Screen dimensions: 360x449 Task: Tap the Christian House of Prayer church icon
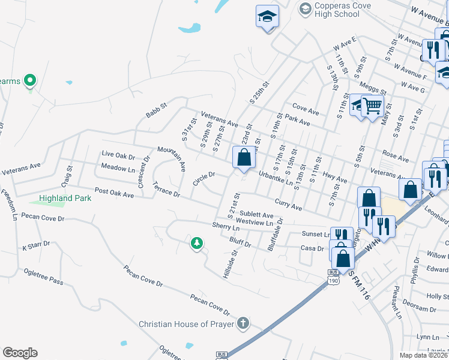[x=243, y=324]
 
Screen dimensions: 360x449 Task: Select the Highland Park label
[x=65, y=198]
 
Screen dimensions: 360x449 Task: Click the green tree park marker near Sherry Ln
[x=196, y=243]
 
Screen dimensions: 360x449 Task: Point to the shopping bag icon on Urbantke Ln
[x=244, y=158]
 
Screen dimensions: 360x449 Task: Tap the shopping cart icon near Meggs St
[x=373, y=106]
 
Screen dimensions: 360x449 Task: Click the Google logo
[x=20, y=353]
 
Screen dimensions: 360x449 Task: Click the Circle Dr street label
[x=203, y=178]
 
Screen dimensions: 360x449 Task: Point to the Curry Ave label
[x=288, y=206]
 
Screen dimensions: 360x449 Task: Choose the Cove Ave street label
[x=306, y=111]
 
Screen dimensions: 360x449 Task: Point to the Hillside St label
[x=231, y=265]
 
